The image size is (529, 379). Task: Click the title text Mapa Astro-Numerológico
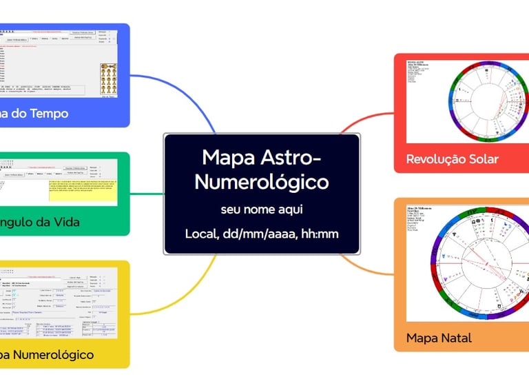(x=262, y=170)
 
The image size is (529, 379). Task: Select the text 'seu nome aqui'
(x=262, y=209)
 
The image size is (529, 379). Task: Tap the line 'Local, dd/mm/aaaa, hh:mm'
(x=262, y=234)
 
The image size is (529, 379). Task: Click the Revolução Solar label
(x=452, y=159)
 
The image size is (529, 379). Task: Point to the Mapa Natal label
(x=439, y=338)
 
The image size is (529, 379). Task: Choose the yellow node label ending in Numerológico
(x=47, y=355)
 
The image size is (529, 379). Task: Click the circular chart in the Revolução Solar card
(x=481, y=103)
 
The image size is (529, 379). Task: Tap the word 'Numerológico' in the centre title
(x=262, y=183)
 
